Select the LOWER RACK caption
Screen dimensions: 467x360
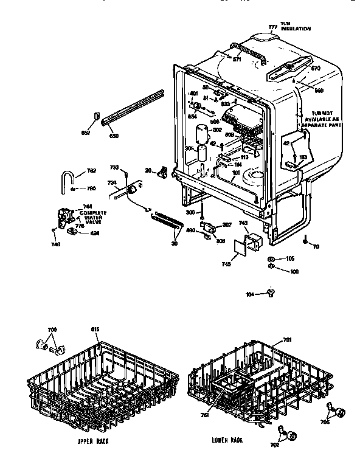[x=227, y=439]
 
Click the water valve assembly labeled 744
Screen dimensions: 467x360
[x=63, y=216]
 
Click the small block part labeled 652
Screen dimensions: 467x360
[x=97, y=116]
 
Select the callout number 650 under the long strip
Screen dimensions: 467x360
[x=113, y=136]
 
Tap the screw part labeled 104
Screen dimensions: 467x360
[x=271, y=294]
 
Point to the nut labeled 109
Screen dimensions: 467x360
[x=270, y=269]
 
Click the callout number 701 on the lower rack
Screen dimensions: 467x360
[x=287, y=341]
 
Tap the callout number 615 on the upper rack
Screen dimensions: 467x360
[x=94, y=329]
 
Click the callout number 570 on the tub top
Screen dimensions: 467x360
[x=315, y=69]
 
